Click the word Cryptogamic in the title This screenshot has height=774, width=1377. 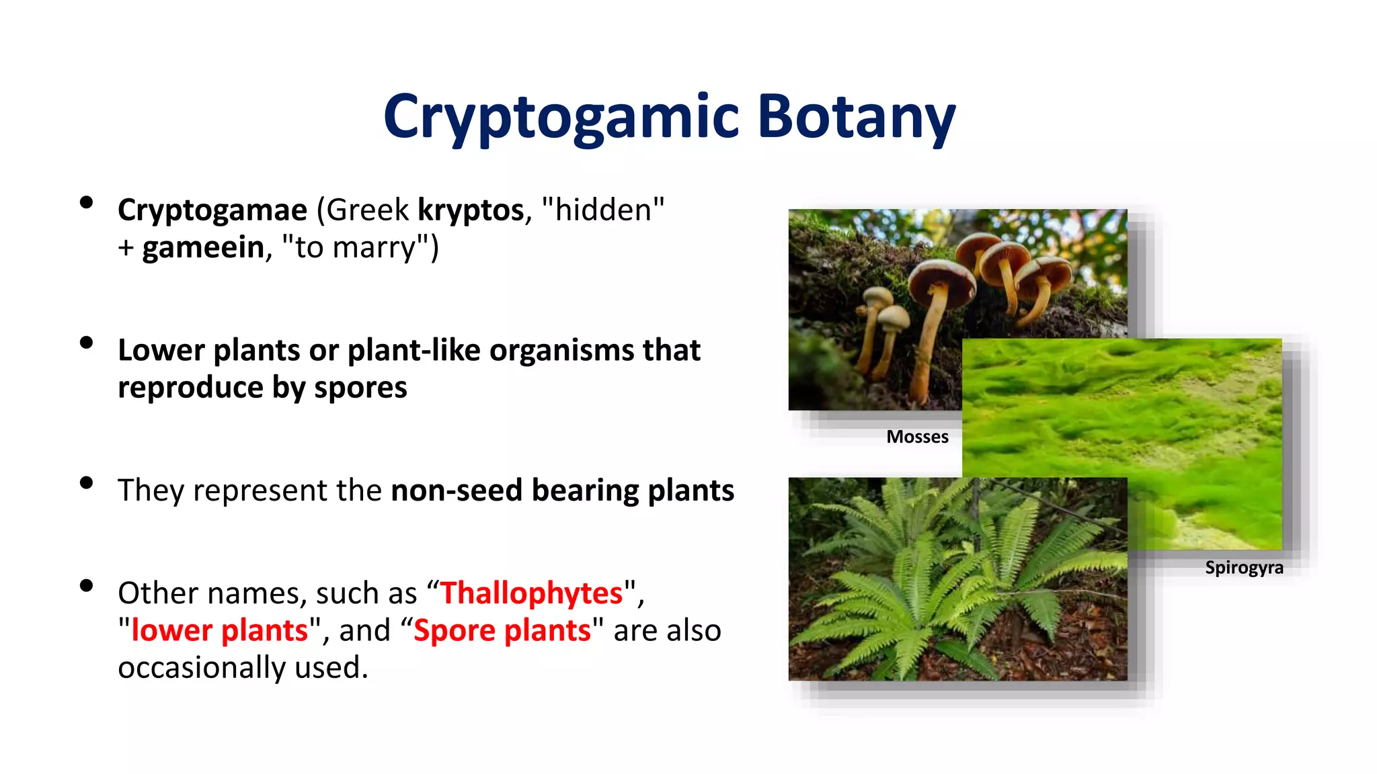tap(562, 118)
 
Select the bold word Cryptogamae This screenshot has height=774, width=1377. tap(212, 210)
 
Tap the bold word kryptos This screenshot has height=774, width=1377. tap(470, 210)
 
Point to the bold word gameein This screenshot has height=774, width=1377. tap(203, 247)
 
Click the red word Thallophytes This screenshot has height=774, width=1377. tap(532, 593)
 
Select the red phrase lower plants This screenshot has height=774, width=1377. tap(220, 630)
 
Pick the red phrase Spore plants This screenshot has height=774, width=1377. tap(502, 630)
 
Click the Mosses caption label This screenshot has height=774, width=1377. tap(917, 437)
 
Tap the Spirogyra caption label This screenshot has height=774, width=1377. tap(1244, 568)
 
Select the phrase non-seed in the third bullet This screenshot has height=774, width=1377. tap(457, 490)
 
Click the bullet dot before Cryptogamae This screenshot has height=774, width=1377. tap(86, 202)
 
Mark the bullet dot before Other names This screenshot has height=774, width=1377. tap(86, 585)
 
